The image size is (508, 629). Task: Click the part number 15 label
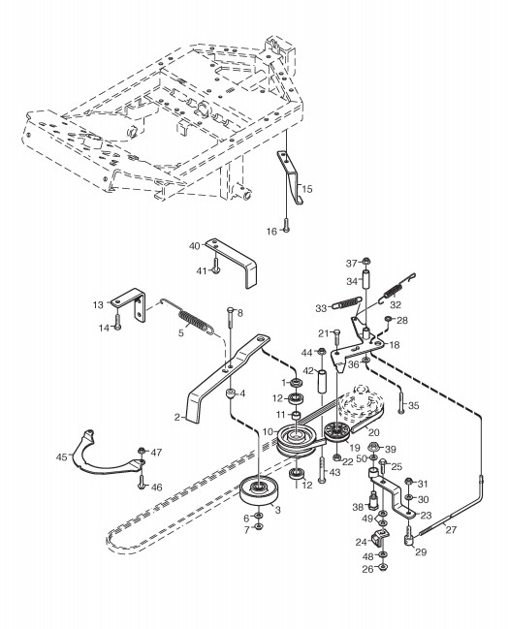coord(307,189)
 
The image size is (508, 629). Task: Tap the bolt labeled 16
coord(286,225)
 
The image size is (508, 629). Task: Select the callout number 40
coord(194,245)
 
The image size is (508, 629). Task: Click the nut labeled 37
coord(365,262)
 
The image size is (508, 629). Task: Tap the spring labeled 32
coord(397,287)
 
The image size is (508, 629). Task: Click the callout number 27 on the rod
coord(451,529)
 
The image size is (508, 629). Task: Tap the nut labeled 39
coord(373,446)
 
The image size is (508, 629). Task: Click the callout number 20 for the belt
coord(373,432)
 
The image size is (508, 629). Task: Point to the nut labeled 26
coord(383,567)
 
